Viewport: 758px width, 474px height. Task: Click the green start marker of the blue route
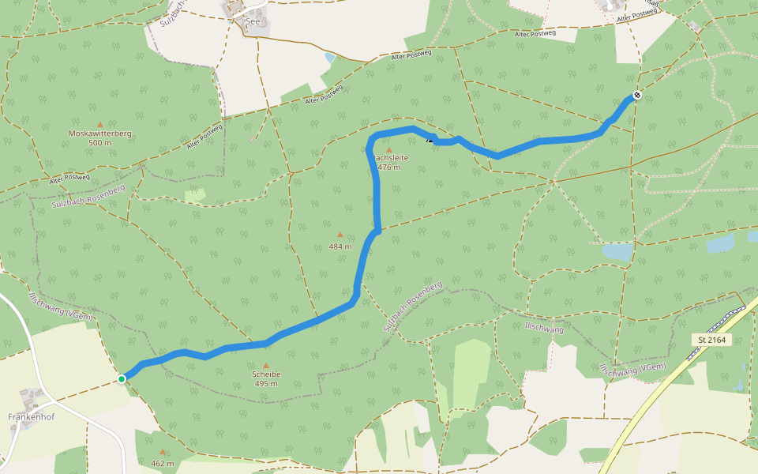click(122, 379)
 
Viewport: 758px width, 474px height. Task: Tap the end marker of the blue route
click(636, 96)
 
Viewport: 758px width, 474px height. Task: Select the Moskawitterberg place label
click(99, 134)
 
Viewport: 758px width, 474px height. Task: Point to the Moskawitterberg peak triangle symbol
click(99, 124)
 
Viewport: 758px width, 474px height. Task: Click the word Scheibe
click(266, 374)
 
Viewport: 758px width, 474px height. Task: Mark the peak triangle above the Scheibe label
click(266, 365)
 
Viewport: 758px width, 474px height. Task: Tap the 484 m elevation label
click(340, 246)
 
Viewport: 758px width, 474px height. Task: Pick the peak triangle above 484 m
click(340, 235)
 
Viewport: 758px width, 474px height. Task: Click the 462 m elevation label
click(162, 463)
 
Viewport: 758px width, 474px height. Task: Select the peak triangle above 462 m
click(162, 453)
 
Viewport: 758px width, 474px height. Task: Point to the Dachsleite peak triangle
click(388, 149)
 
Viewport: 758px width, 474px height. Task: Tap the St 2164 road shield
click(711, 340)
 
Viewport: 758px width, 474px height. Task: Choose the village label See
click(253, 22)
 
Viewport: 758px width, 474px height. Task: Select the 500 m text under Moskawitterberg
click(99, 143)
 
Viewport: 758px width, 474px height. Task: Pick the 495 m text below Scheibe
click(266, 384)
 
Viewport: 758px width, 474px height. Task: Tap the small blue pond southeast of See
click(329, 58)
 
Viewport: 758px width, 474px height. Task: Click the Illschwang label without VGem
click(544, 327)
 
